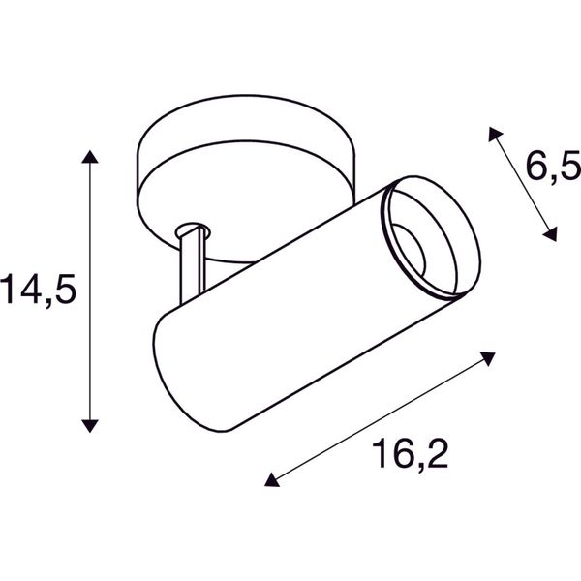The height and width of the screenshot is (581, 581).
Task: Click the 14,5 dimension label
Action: tap(38, 290)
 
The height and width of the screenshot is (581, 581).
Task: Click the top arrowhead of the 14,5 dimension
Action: tap(90, 156)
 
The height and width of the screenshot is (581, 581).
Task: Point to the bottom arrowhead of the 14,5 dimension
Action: tap(90, 426)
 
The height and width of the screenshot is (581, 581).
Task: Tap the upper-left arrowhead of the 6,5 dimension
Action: tap(494, 135)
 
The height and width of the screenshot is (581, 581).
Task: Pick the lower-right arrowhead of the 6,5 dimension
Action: tap(551, 234)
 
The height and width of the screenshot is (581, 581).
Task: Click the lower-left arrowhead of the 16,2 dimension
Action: tap(271, 480)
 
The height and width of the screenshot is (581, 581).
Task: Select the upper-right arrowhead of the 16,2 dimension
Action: tap(488, 358)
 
